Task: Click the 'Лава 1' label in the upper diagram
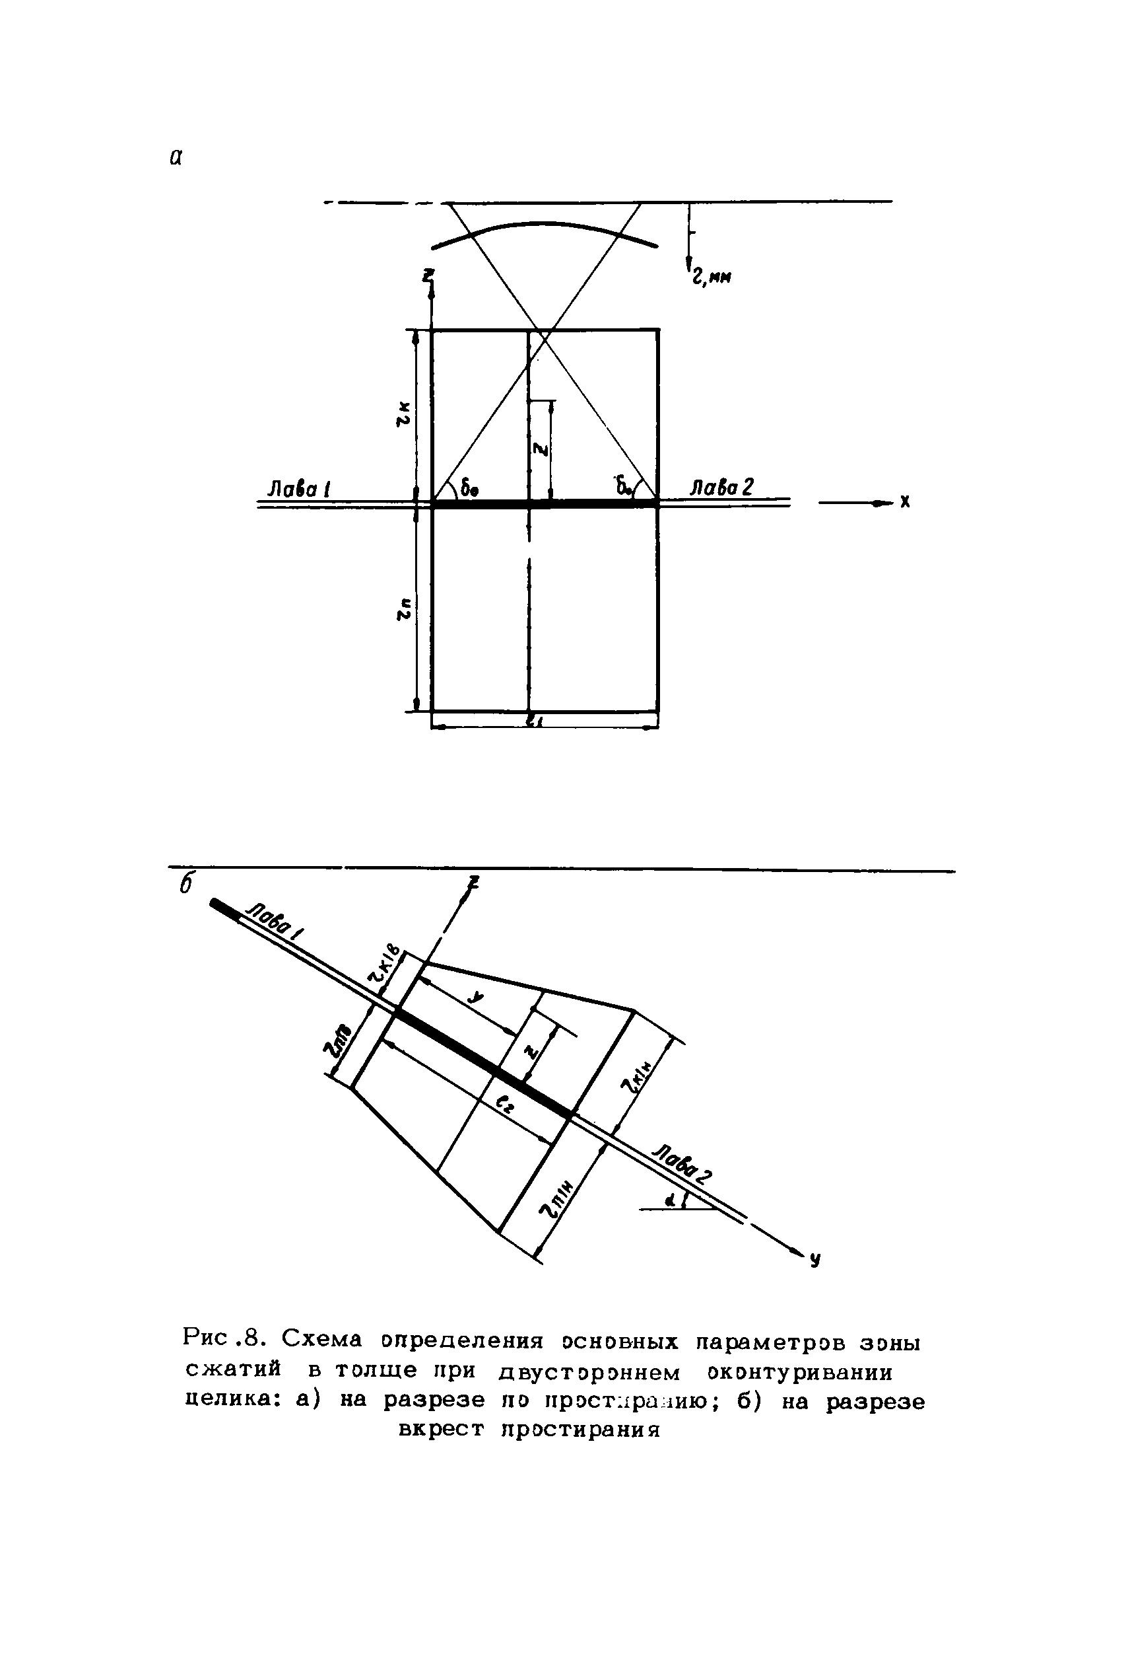298,490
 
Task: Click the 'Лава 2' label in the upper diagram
721,488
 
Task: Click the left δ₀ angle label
470,490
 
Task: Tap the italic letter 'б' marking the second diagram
187,885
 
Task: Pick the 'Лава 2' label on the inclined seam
682,1161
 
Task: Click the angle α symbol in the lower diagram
669,1200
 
